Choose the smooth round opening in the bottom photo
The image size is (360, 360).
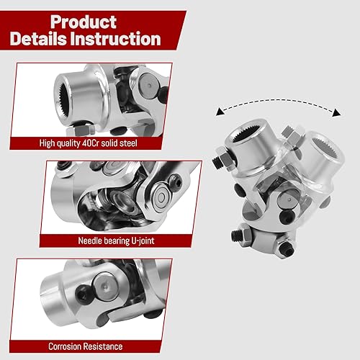pyautogui.click(x=54, y=289)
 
